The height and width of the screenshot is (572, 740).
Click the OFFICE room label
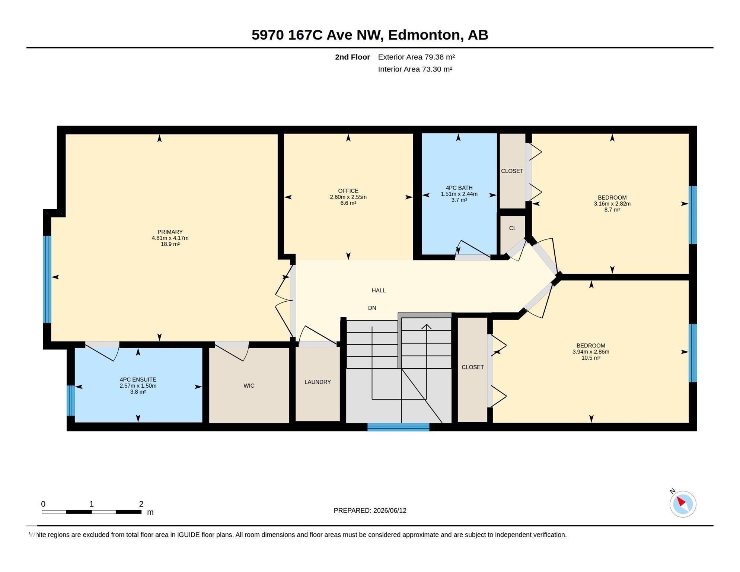[x=348, y=191]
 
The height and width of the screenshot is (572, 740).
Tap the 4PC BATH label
[x=459, y=188]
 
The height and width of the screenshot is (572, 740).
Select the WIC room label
[x=249, y=385]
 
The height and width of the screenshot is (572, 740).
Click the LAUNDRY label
[x=318, y=382]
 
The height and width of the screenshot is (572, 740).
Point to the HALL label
[x=379, y=290]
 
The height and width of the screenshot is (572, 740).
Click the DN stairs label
[x=372, y=308]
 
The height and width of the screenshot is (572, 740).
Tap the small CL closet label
[x=513, y=228]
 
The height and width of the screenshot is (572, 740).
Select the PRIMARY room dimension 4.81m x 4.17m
[x=170, y=238]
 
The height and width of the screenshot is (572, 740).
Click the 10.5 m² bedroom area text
[x=591, y=357]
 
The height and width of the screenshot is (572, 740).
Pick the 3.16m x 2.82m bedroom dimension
[x=612, y=204]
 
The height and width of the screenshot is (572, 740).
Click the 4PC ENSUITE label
[x=138, y=379]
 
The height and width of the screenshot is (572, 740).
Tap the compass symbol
[x=683, y=504]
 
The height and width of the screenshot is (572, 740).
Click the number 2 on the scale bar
[x=141, y=504]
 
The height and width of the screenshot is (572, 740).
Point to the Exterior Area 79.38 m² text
[x=416, y=57]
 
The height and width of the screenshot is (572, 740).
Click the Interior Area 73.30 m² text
[x=415, y=69]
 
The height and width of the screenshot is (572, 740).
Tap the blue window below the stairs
[x=398, y=427]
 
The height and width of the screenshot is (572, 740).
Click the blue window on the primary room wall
[x=47, y=279]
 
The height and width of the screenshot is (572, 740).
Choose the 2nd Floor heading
[x=352, y=57]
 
